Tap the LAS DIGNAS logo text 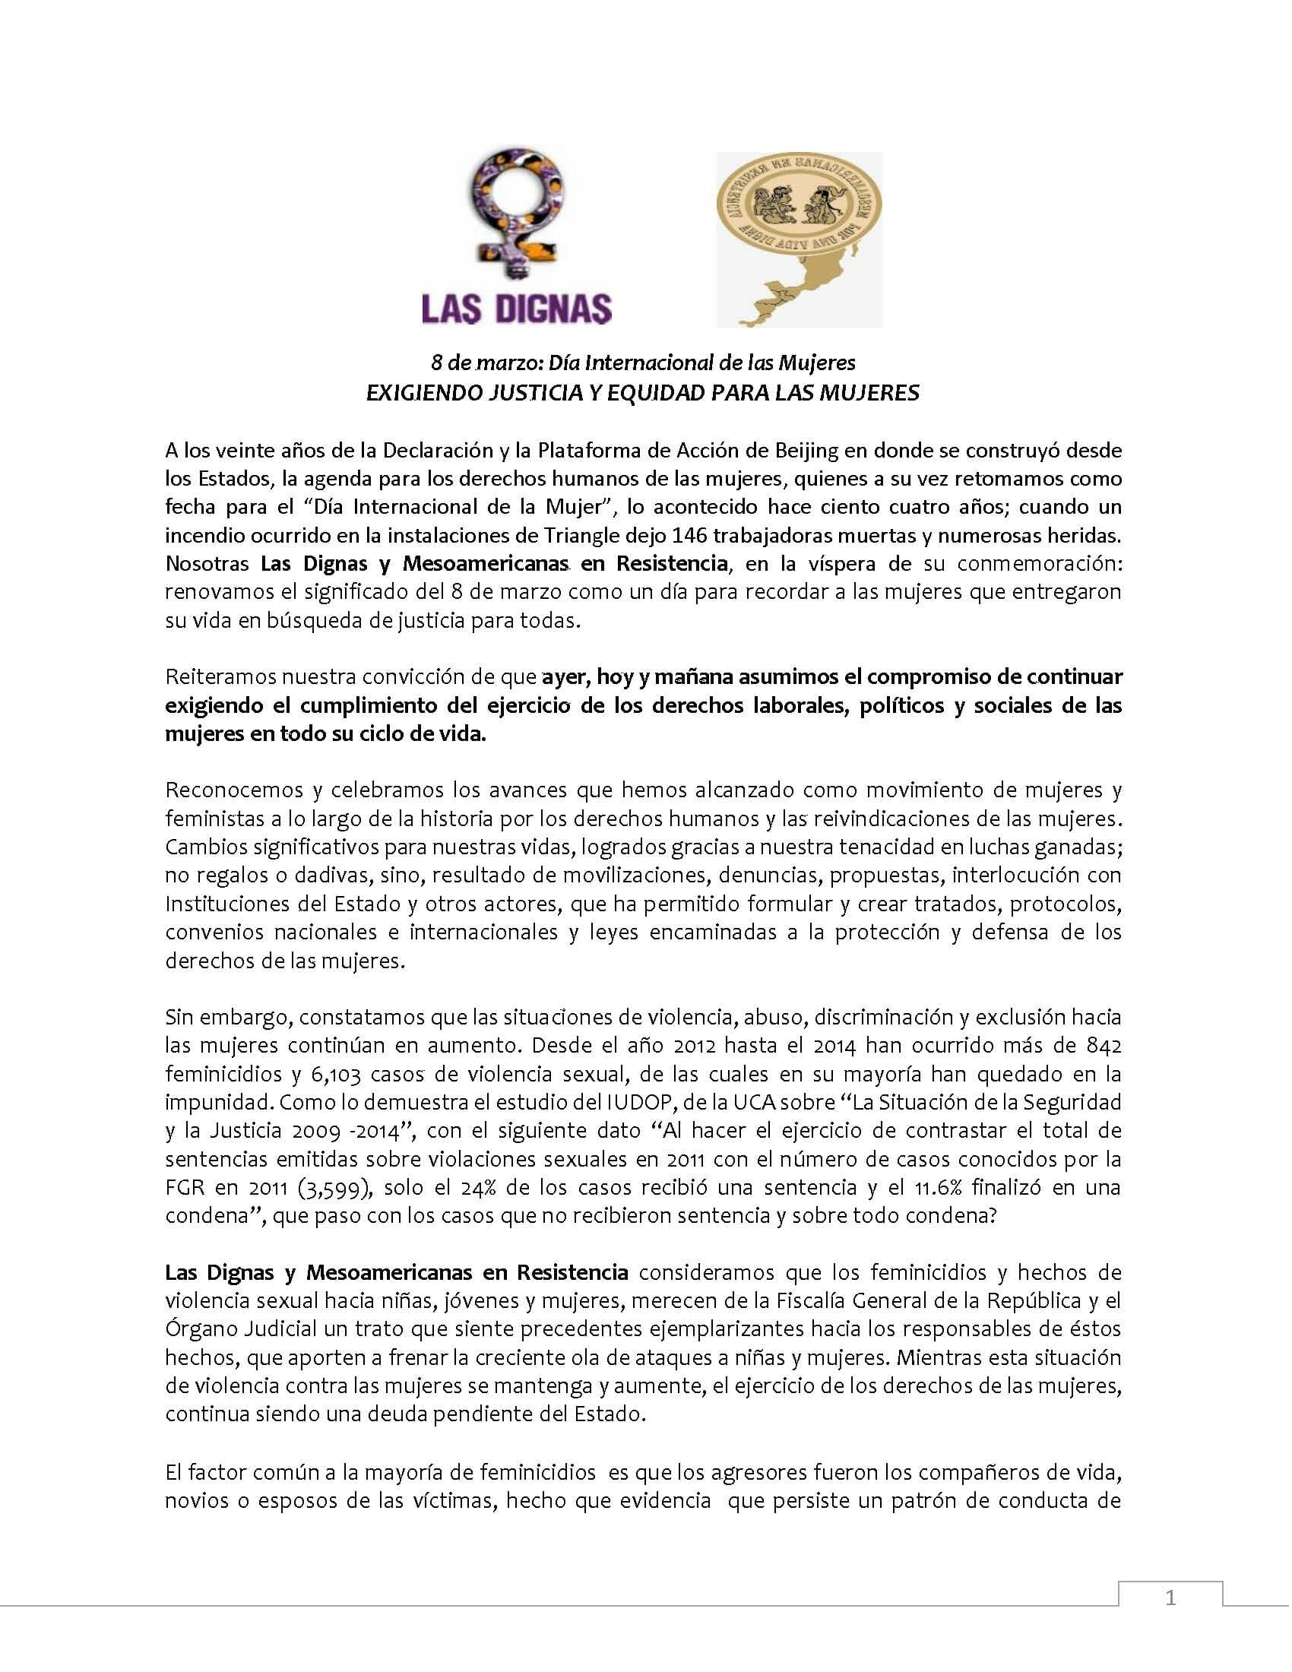[x=517, y=309]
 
